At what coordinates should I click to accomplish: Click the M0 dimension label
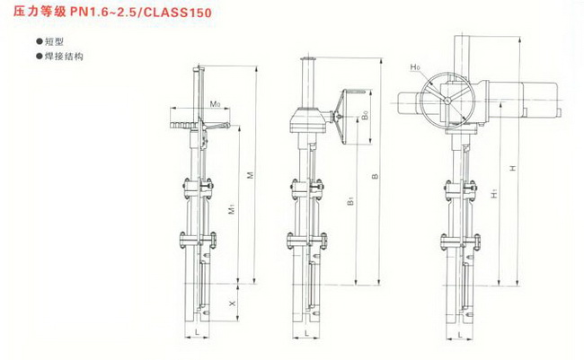tap(215, 104)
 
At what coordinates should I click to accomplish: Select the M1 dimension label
tap(231, 209)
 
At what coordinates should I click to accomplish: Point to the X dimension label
tap(233, 303)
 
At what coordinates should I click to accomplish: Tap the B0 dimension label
tap(366, 115)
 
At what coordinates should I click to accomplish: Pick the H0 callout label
tap(415, 67)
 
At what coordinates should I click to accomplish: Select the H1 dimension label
tap(494, 194)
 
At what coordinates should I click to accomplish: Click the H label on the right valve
tap(513, 168)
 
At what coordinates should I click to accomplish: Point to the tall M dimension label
tap(251, 175)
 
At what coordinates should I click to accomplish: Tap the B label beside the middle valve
tap(376, 176)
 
